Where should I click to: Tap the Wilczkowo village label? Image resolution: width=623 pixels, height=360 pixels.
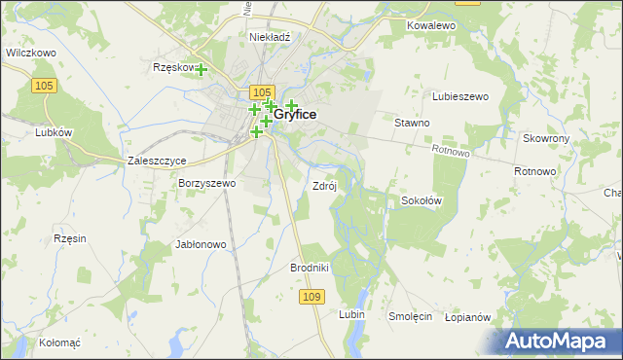pyautogui.click(x=29, y=54)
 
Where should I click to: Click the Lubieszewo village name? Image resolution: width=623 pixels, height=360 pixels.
pyautogui.click(x=460, y=96)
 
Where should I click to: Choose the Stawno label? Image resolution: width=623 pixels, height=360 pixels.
pyautogui.click(x=412, y=124)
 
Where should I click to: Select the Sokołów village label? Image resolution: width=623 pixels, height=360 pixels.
pyautogui.click(x=421, y=200)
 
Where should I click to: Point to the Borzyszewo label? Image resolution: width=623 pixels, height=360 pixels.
pyautogui.click(x=206, y=183)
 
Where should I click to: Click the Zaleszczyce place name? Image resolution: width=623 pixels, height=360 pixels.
pyautogui.click(x=157, y=161)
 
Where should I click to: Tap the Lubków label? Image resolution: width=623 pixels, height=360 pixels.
pyautogui.click(x=55, y=132)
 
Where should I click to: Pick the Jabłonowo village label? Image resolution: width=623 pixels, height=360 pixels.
pyautogui.click(x=201, y=244)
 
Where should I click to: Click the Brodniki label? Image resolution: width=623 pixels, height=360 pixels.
pyautogui.click(x=311, y=268)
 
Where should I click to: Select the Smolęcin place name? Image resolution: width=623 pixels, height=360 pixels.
pyautogui.click(x=410, y=316)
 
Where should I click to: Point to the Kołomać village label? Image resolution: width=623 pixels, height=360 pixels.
pyautogui.click(x=59, y=342)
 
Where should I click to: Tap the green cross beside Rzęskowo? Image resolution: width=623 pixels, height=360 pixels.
pyautogui.click(x=202, y=69)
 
